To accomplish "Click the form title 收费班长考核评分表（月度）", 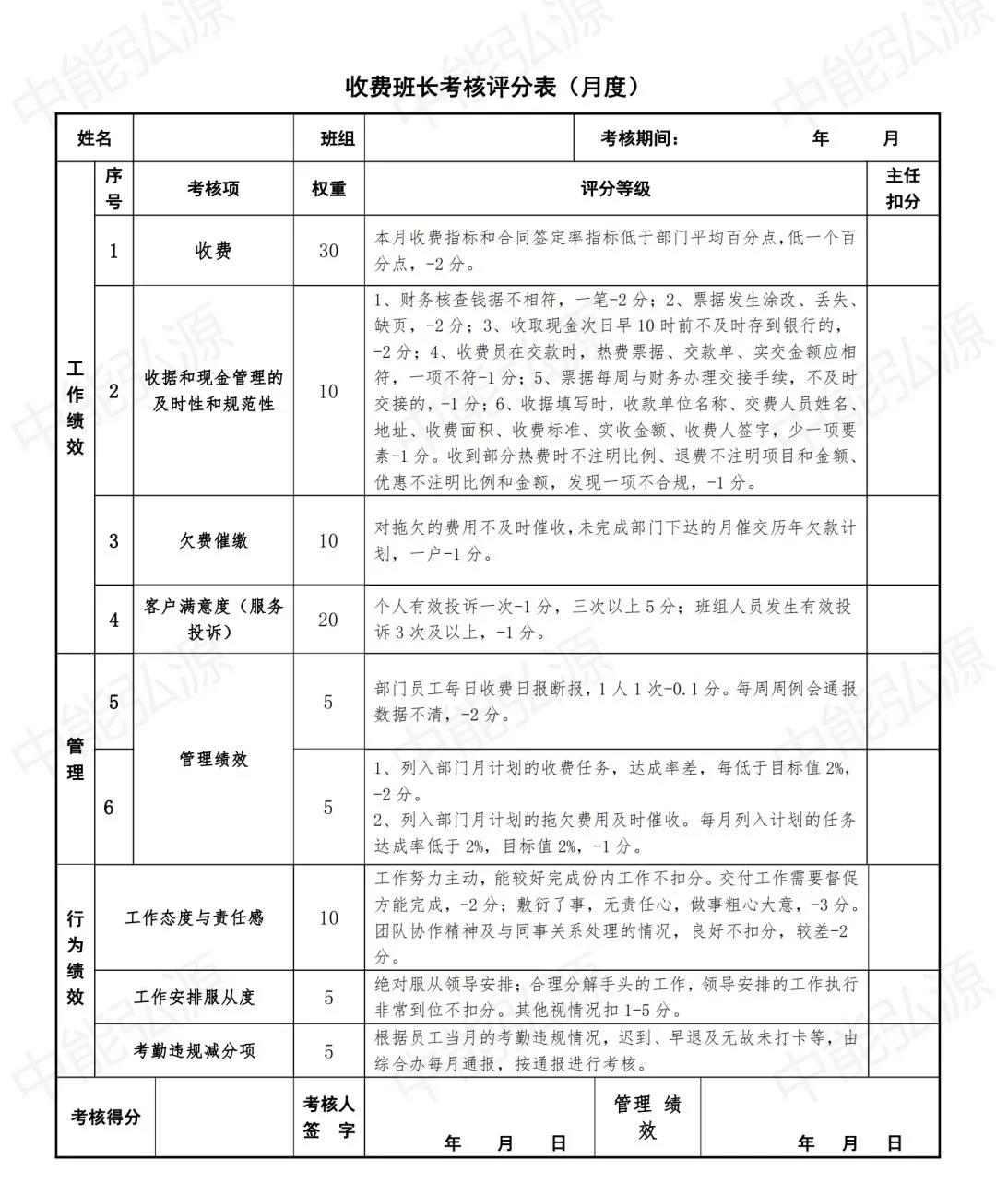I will pos(492,87).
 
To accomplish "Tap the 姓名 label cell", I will pos(94,138).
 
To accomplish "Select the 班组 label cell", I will pos(338,138).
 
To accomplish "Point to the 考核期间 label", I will pos(640,138).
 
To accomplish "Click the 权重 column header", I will pos(328,188).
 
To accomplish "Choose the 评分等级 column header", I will pos(615,188).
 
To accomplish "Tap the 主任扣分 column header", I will pos(903,188).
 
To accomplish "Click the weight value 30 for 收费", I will pos(328,251).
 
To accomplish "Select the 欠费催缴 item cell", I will pos(213,541).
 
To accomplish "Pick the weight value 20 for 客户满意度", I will pos(328,620).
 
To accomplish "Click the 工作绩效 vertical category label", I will pos(76,408).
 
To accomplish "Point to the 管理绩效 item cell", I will pos(213,759).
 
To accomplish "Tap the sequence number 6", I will pos(109,808).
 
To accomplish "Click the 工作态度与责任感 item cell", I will pos(194,917).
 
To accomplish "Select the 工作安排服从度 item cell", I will pos(194,998).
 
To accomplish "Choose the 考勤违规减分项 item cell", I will pos(194,1051).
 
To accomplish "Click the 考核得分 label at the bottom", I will pos(105,1117).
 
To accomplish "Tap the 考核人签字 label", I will pos(328,1117).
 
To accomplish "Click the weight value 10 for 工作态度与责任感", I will pos(328,917).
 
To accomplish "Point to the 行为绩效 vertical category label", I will pos(76,958).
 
